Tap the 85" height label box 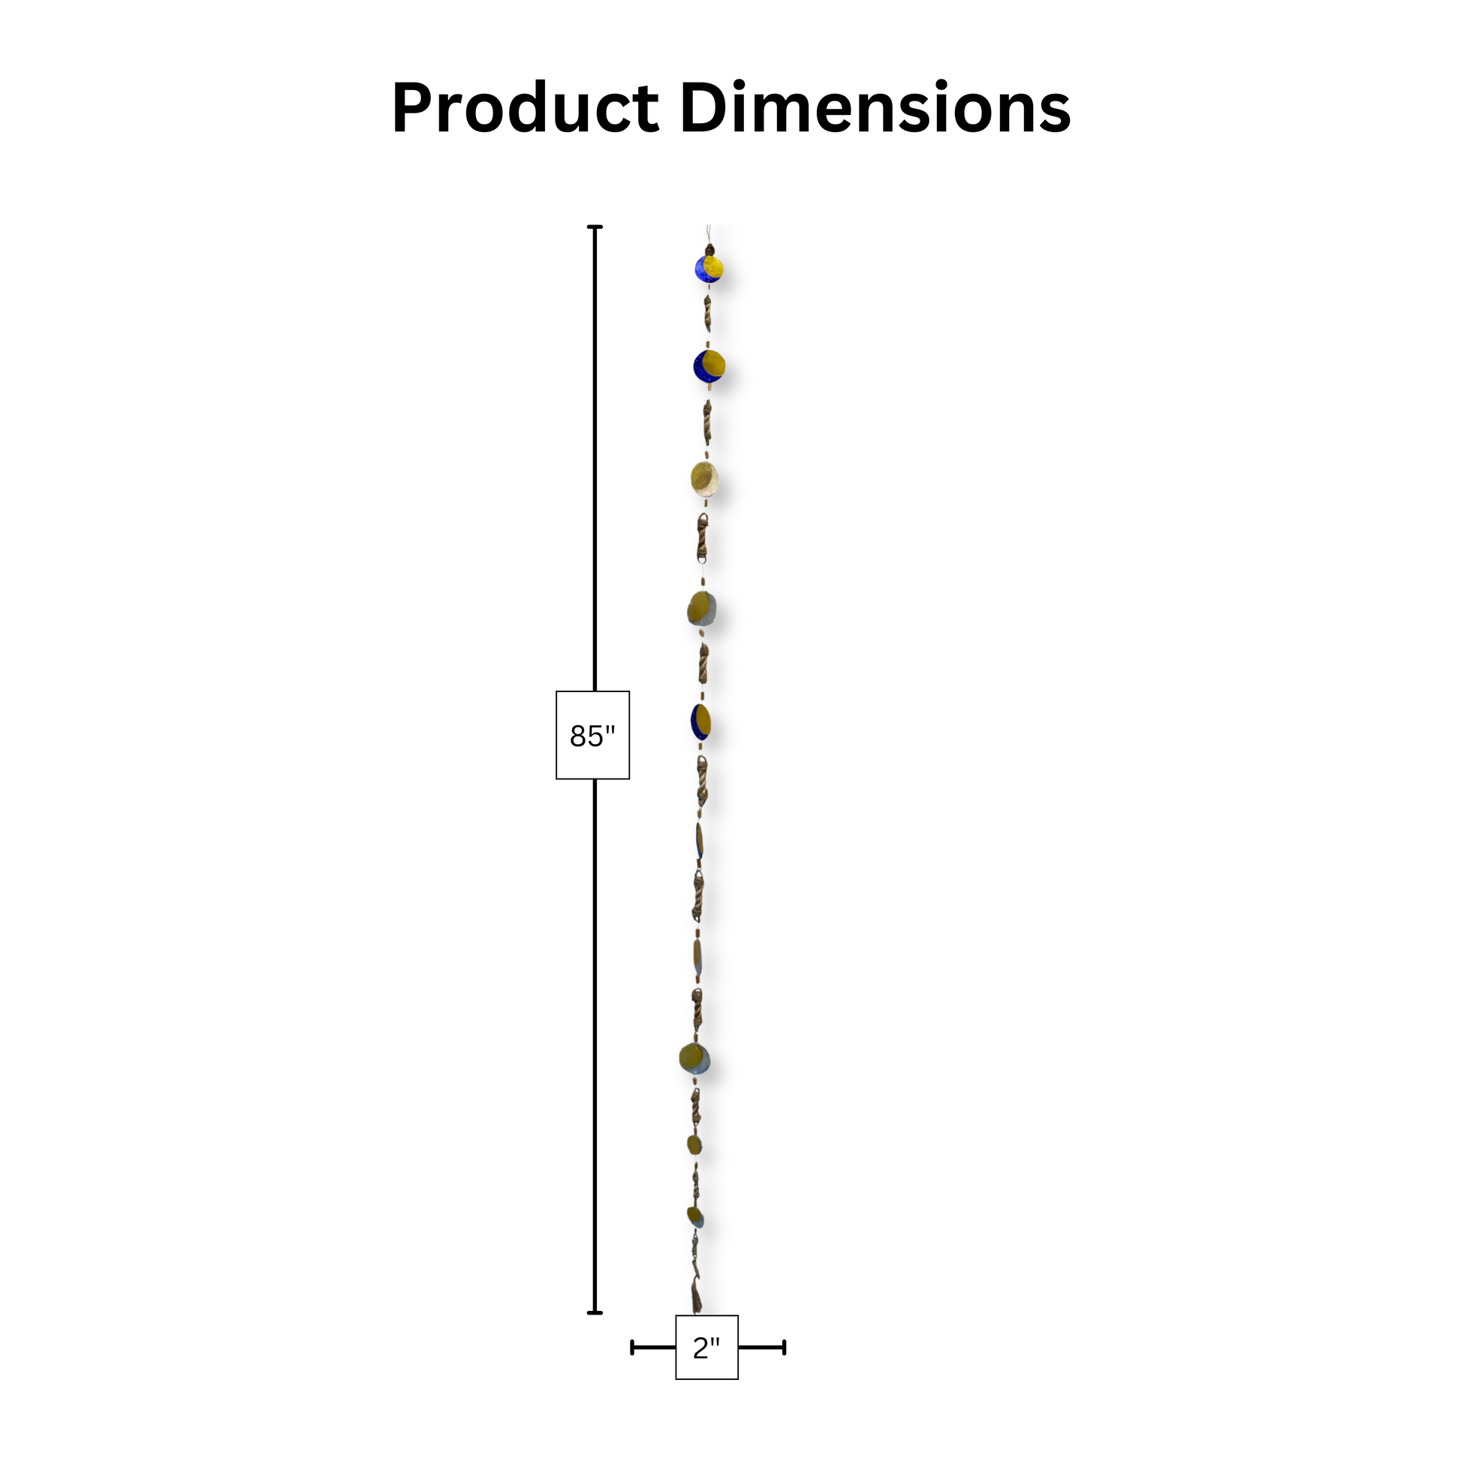coord(593,735)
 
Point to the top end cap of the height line coord(595,227)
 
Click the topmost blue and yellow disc coord(709,269)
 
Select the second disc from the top coord(709,366)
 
